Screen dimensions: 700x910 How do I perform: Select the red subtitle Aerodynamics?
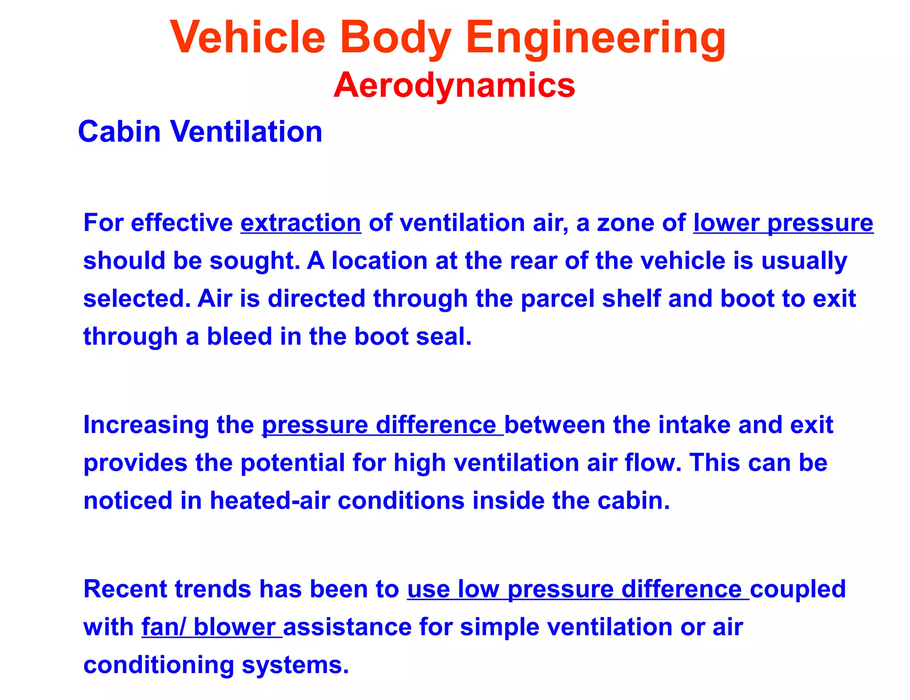click(454, 85)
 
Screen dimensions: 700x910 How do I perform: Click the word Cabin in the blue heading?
click(119, 132)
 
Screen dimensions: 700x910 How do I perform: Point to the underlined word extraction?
click(301, 223)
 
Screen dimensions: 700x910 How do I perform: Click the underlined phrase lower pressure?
click(783, 223)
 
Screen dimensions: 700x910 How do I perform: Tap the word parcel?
click(557, 298)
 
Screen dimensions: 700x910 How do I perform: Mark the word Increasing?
click(146, 425)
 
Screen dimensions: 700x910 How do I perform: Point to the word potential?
click(293, 463)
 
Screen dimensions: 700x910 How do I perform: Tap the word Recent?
click(125, 589)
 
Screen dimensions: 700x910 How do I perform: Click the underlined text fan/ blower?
click(212, 627)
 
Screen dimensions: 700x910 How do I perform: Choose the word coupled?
click(798, 589)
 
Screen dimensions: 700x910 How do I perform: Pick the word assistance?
click(347, 627)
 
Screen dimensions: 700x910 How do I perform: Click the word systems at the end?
click(295, 665)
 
